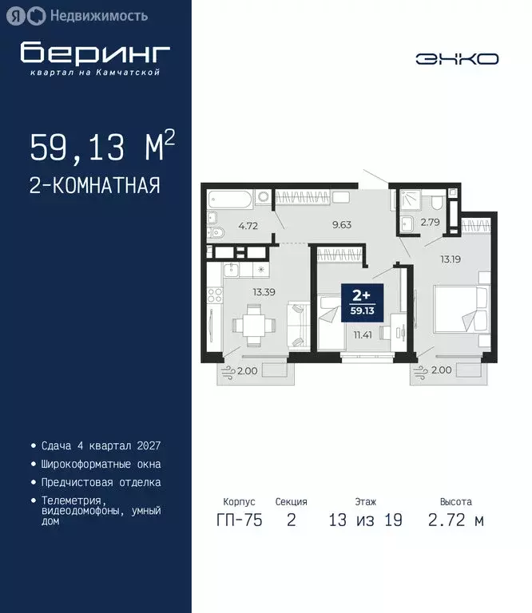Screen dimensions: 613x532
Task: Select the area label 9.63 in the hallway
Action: point(342,224)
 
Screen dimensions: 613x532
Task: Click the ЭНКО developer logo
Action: point(457,58)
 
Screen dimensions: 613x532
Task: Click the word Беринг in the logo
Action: point(95,53)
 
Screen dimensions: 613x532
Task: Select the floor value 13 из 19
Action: point(366,520)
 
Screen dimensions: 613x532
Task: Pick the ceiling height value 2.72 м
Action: point(456,520)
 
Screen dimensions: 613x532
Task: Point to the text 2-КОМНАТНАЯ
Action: point(95,186)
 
